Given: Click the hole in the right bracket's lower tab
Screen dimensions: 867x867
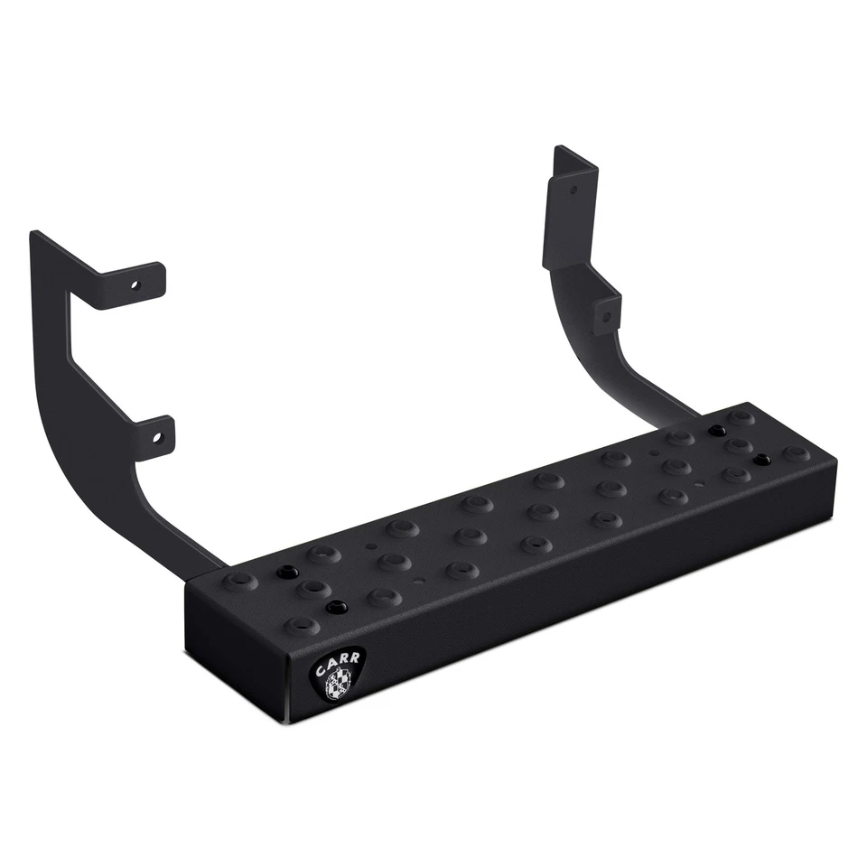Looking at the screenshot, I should click(606, 315).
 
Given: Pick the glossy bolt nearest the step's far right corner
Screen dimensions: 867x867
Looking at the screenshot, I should click(763, 458).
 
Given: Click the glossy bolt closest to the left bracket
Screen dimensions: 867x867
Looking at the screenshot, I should click(287, 573).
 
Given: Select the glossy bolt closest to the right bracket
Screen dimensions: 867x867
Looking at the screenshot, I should click(716, 431).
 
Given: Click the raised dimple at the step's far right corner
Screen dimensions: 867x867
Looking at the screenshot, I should click(796, 452).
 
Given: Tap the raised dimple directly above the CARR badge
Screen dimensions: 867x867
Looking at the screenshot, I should click(296, 622).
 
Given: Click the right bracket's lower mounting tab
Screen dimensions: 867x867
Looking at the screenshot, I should click(608, 312).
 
